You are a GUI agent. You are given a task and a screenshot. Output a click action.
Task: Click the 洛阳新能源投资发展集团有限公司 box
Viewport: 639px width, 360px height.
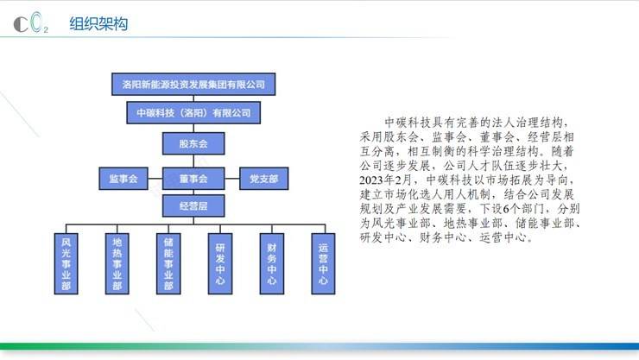point(193,85)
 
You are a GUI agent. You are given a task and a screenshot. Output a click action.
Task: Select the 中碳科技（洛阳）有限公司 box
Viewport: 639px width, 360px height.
point(193,113)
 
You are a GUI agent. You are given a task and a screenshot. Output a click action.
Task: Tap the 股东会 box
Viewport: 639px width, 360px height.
point(193,143)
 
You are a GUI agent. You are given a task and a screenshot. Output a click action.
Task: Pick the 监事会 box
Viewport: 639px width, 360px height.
point(123,179)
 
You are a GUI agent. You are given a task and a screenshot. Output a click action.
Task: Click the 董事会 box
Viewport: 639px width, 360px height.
point(193,179)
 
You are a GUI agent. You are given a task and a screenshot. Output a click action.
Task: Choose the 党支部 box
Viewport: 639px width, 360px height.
point(263,179)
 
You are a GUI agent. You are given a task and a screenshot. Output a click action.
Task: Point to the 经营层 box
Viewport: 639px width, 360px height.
point(193,205)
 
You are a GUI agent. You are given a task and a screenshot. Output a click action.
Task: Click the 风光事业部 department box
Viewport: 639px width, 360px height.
point(66,263)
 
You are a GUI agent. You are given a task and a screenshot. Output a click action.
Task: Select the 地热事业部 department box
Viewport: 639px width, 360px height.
point(117,263)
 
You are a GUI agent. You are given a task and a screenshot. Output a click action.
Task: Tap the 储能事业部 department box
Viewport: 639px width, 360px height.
point(168,263)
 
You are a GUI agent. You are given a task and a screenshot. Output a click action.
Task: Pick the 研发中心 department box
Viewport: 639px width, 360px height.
point(220,263)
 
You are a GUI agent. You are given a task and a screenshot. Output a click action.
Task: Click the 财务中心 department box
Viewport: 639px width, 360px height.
point(272,263)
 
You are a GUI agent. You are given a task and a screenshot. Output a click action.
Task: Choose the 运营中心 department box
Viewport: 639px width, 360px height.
point(323,263)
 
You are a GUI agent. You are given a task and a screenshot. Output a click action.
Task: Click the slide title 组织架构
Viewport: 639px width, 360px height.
point(98,23)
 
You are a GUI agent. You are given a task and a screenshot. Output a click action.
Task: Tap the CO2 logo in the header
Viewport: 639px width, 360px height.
point(31,22)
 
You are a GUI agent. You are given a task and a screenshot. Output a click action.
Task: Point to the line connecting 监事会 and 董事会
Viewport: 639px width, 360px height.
point(155,179)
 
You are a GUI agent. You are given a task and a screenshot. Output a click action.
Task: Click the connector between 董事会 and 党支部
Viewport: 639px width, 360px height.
point(232,179)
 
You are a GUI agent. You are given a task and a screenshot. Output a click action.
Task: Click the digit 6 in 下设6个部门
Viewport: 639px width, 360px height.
point(507,209)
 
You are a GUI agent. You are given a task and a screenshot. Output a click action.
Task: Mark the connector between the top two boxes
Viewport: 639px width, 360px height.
point(193,98)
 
